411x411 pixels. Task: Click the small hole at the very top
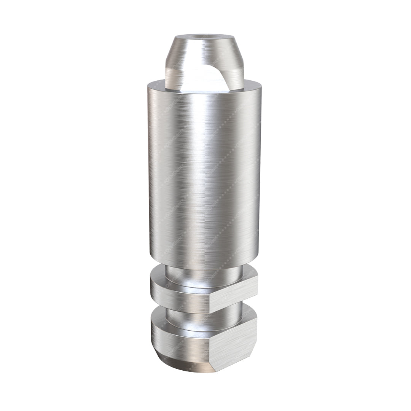tap(198, 38)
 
